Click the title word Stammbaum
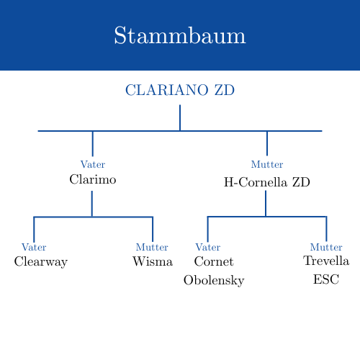coord(180,36)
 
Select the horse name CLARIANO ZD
coord(180,91)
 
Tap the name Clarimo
coord(93,179)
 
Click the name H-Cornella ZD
coord(267,182)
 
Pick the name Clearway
coord(41,262)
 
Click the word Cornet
coord(214,261)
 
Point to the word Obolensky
coord(214,280)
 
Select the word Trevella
coord(326,261)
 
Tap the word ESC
coord(326,279)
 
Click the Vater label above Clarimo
coord(93,164)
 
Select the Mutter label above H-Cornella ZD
coord(267,164)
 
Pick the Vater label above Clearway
coord(34,248)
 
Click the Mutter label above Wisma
coord(152,248)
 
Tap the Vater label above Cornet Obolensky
coord(208,248)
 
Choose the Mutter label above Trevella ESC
coord(326,248)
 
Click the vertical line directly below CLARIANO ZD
coord(180,117)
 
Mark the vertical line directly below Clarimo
coord(92,203)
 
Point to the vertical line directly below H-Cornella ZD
coord(266,203)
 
